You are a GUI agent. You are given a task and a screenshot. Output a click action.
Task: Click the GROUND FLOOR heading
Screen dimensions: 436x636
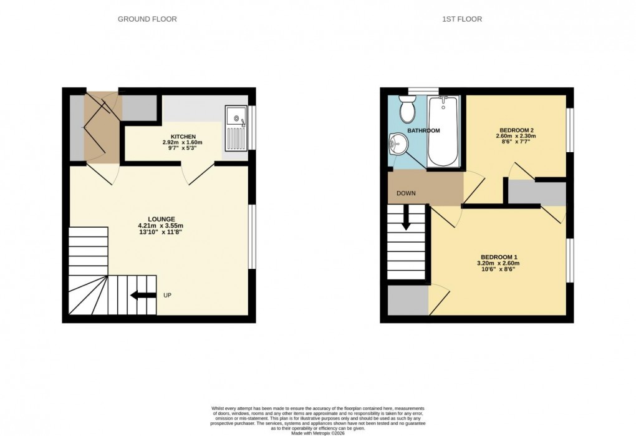tap(147, 19)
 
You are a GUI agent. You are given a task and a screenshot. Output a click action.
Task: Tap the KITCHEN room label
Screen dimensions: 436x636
tap(183, 137)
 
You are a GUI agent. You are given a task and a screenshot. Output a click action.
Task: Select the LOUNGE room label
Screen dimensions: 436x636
tap(160, 219)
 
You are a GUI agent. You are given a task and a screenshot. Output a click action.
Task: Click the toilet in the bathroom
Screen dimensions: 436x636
tap(408, 110)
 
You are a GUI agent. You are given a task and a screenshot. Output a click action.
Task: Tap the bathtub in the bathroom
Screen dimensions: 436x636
tap(443, 131)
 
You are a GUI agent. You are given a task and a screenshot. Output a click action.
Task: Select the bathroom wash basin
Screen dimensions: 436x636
tap(396, 145)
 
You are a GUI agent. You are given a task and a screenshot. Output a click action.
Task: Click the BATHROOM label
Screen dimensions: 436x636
tap(423, 130)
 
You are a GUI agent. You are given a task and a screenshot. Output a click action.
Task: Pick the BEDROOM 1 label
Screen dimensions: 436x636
tap(499, 257)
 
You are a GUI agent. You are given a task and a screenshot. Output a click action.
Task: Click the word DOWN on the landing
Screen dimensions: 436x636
tap(406, 193)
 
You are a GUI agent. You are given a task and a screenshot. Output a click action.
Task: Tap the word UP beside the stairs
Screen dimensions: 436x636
tap(167, 295)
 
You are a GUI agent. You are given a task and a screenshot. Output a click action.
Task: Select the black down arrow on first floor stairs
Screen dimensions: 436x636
tap(405, 218)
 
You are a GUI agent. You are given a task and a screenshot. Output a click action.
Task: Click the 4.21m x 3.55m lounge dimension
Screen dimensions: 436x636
tap(161, 226)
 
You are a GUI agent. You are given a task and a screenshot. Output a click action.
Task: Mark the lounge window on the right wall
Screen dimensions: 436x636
tap(252, 237)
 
